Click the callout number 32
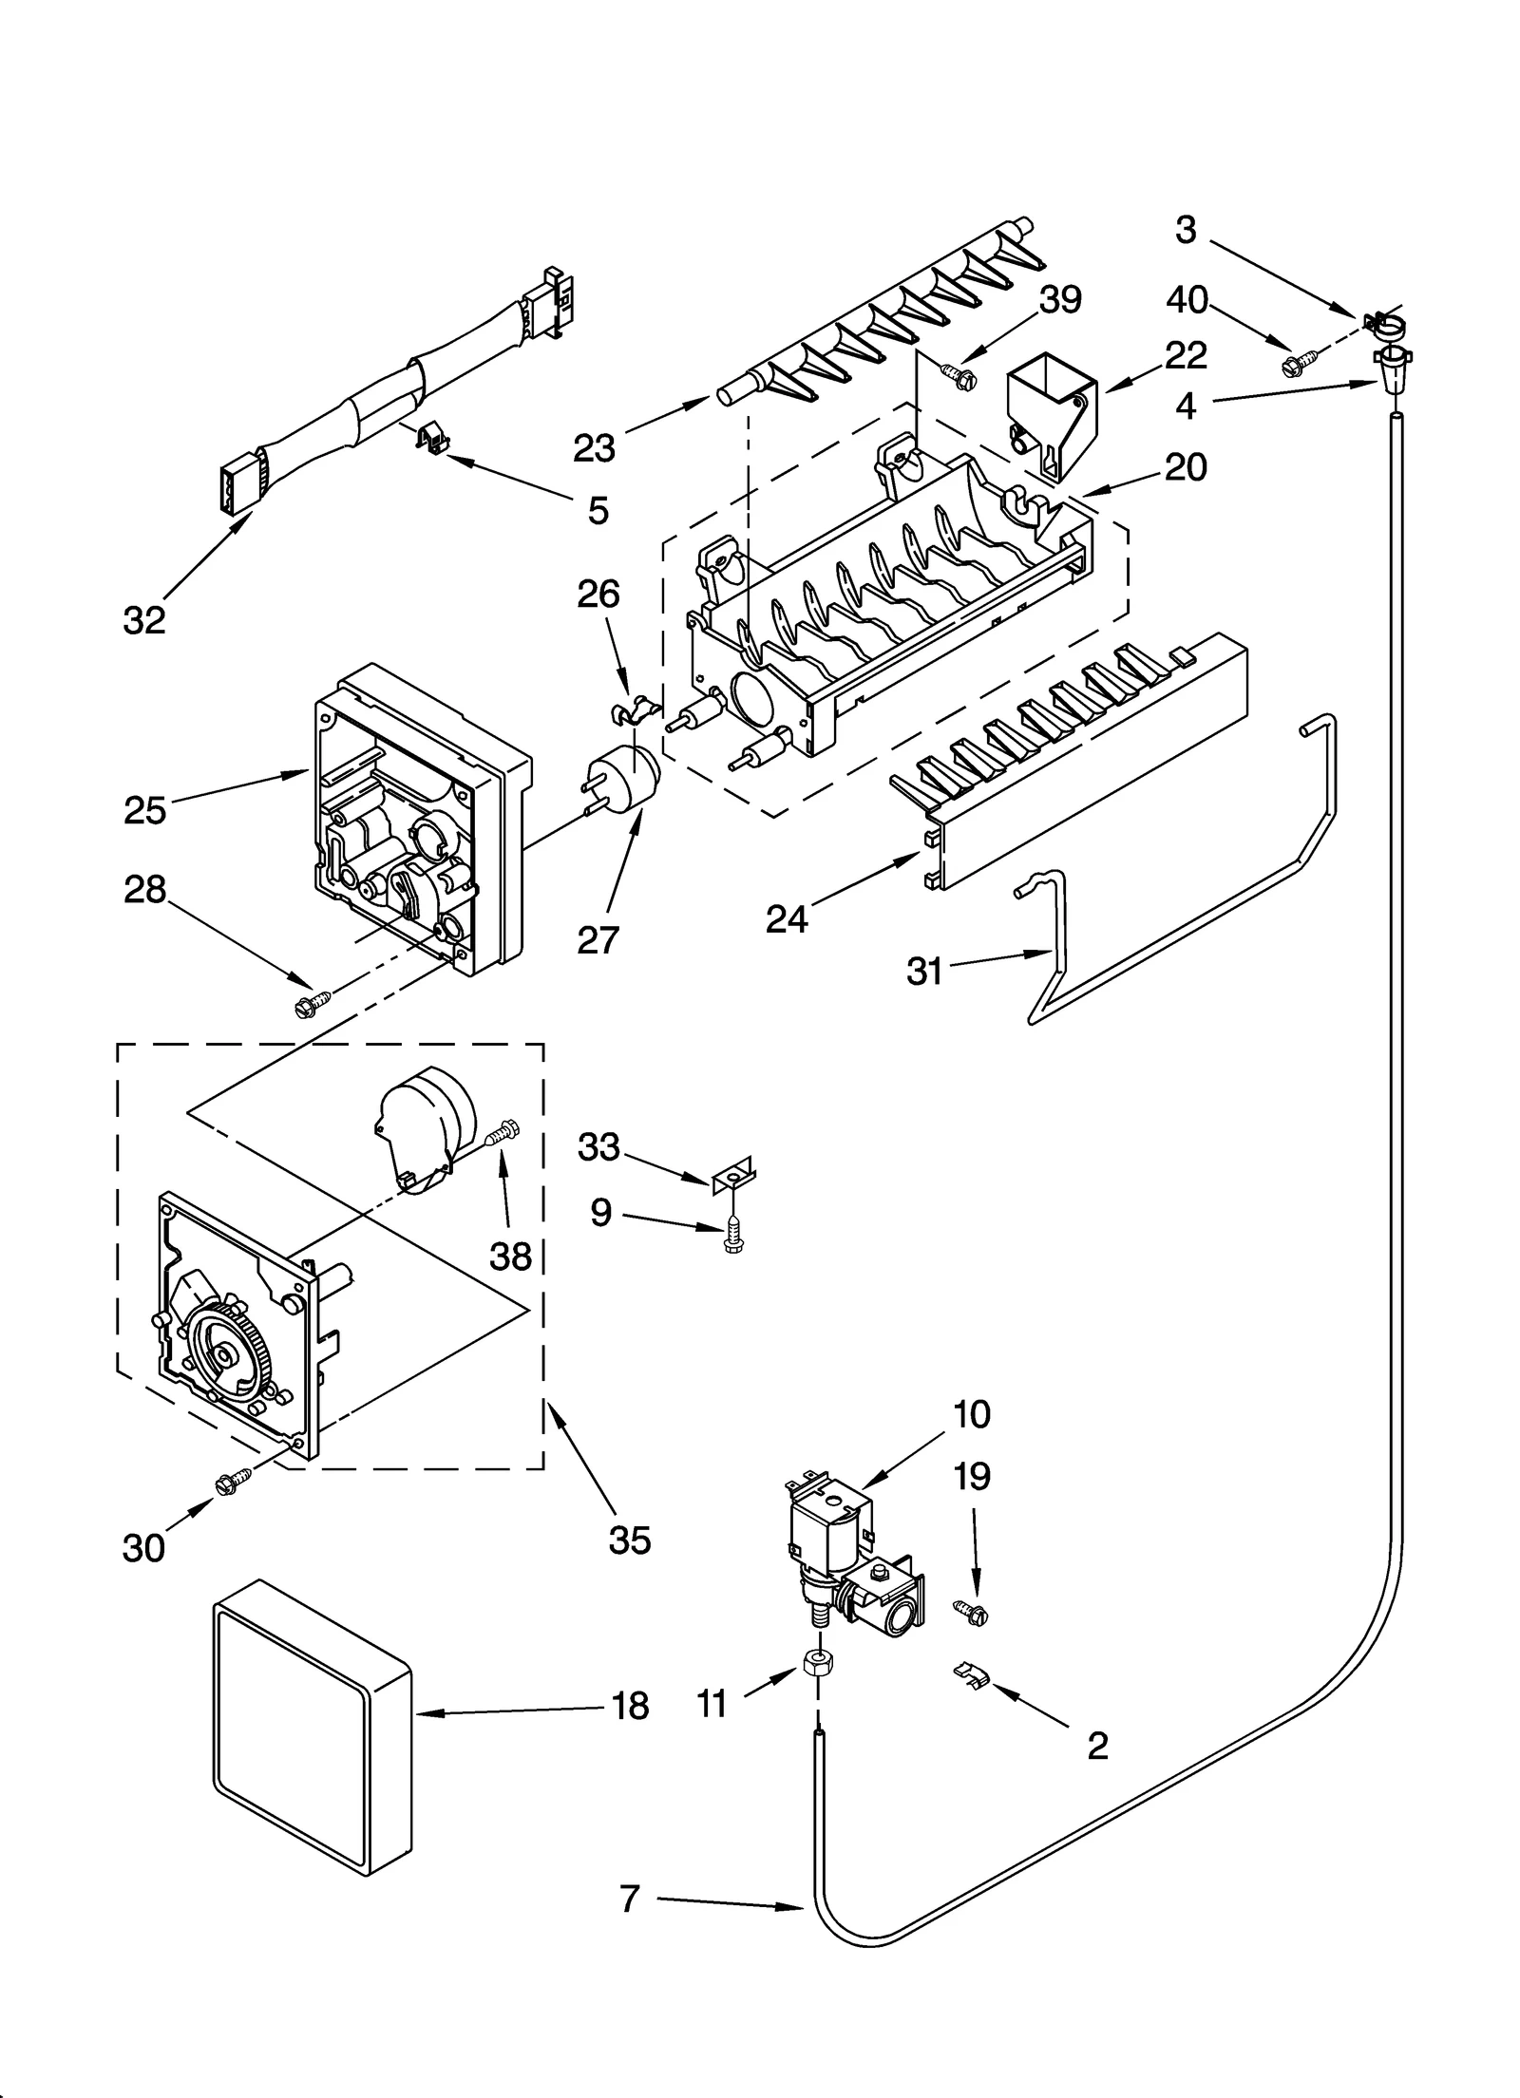point(144,620)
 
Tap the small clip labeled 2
point(970,1678)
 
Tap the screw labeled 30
point(233,1482)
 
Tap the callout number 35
point(630,1540)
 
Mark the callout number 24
point(787,918)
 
